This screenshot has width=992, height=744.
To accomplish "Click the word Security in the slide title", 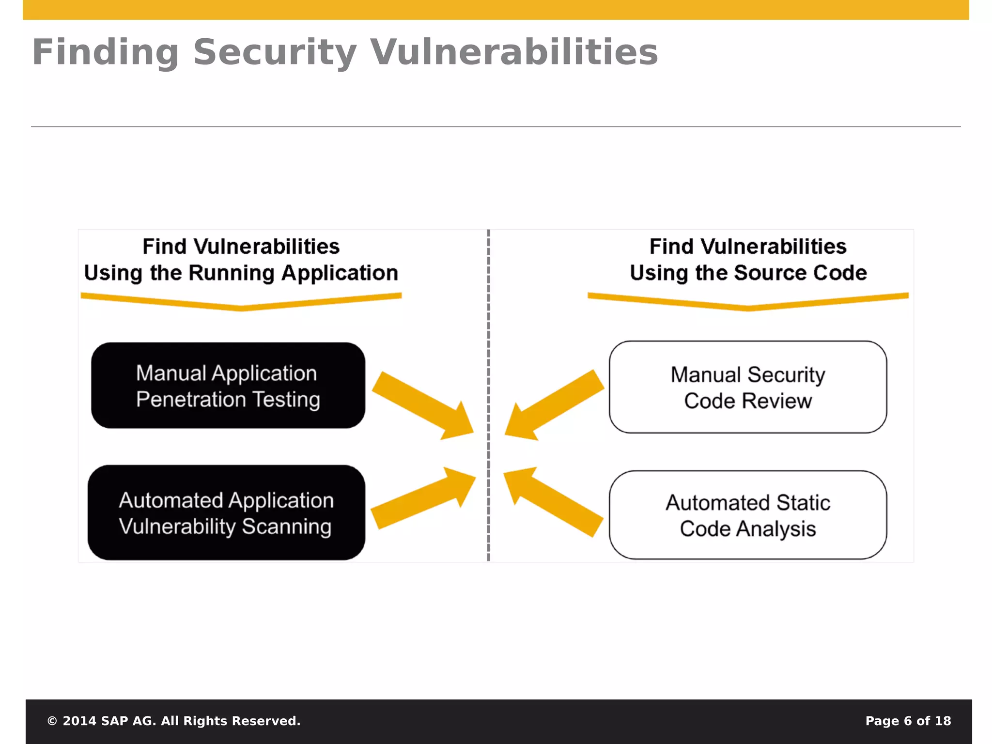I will tap(275, 52).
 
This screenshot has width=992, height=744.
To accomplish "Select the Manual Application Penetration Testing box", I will tap(228, 386).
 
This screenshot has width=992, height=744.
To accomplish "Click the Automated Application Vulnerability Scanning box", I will tap(226, 512).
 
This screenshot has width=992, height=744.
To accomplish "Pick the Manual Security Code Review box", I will tap(747, 387).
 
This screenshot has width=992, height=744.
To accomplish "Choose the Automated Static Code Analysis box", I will tap(747, 515).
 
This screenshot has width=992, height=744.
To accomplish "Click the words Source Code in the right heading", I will tap(800, 273).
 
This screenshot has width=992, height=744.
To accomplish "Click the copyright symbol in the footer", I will tap(52, 721).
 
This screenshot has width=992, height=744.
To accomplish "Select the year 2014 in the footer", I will tap(79, 721).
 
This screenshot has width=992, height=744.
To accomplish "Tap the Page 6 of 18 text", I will tap(908, 721).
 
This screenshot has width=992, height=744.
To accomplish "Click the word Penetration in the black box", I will tap(191, 400).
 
